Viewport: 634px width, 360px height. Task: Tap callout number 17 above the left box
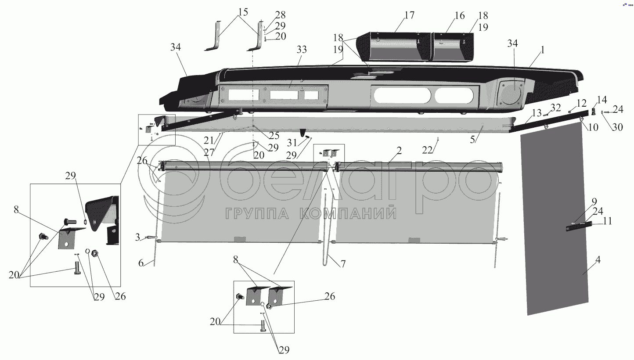(409, 15)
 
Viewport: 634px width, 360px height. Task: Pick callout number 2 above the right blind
(398, 151)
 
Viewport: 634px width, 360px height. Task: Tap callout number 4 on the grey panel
(598, 259)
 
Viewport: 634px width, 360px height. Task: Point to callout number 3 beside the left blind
(137, 237)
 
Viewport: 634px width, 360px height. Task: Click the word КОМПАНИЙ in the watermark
(349, 214)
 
